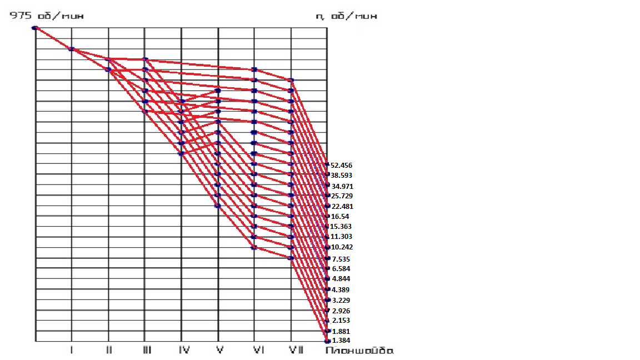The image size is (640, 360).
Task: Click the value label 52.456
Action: (x=341, y=166)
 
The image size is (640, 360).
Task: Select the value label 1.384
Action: (x=341, y=341)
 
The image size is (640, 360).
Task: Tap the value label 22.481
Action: (x=341, y=207)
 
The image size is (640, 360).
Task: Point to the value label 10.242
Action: (x=342, y=247)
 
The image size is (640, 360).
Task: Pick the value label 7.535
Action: (x=341, y=259)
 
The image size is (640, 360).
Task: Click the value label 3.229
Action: (x=341, y=301)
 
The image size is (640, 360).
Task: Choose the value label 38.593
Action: (x=341, y=176)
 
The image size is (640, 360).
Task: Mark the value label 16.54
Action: (x=339, y=217)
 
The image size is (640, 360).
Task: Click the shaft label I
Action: (x=72, y=351)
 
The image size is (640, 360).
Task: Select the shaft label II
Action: (x=109, y=351)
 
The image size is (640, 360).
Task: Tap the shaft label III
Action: (x=146, y=351)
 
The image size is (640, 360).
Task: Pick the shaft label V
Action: (x=219, y=351)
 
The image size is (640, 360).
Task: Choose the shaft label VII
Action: (x=295, y=351)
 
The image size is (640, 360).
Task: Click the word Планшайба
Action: (x=359, y=351)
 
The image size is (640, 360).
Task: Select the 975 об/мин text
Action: (x=46, y=16)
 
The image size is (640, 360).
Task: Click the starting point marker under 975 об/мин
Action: (x=34, y=28)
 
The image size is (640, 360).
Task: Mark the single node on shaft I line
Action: (x=71, y=49)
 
